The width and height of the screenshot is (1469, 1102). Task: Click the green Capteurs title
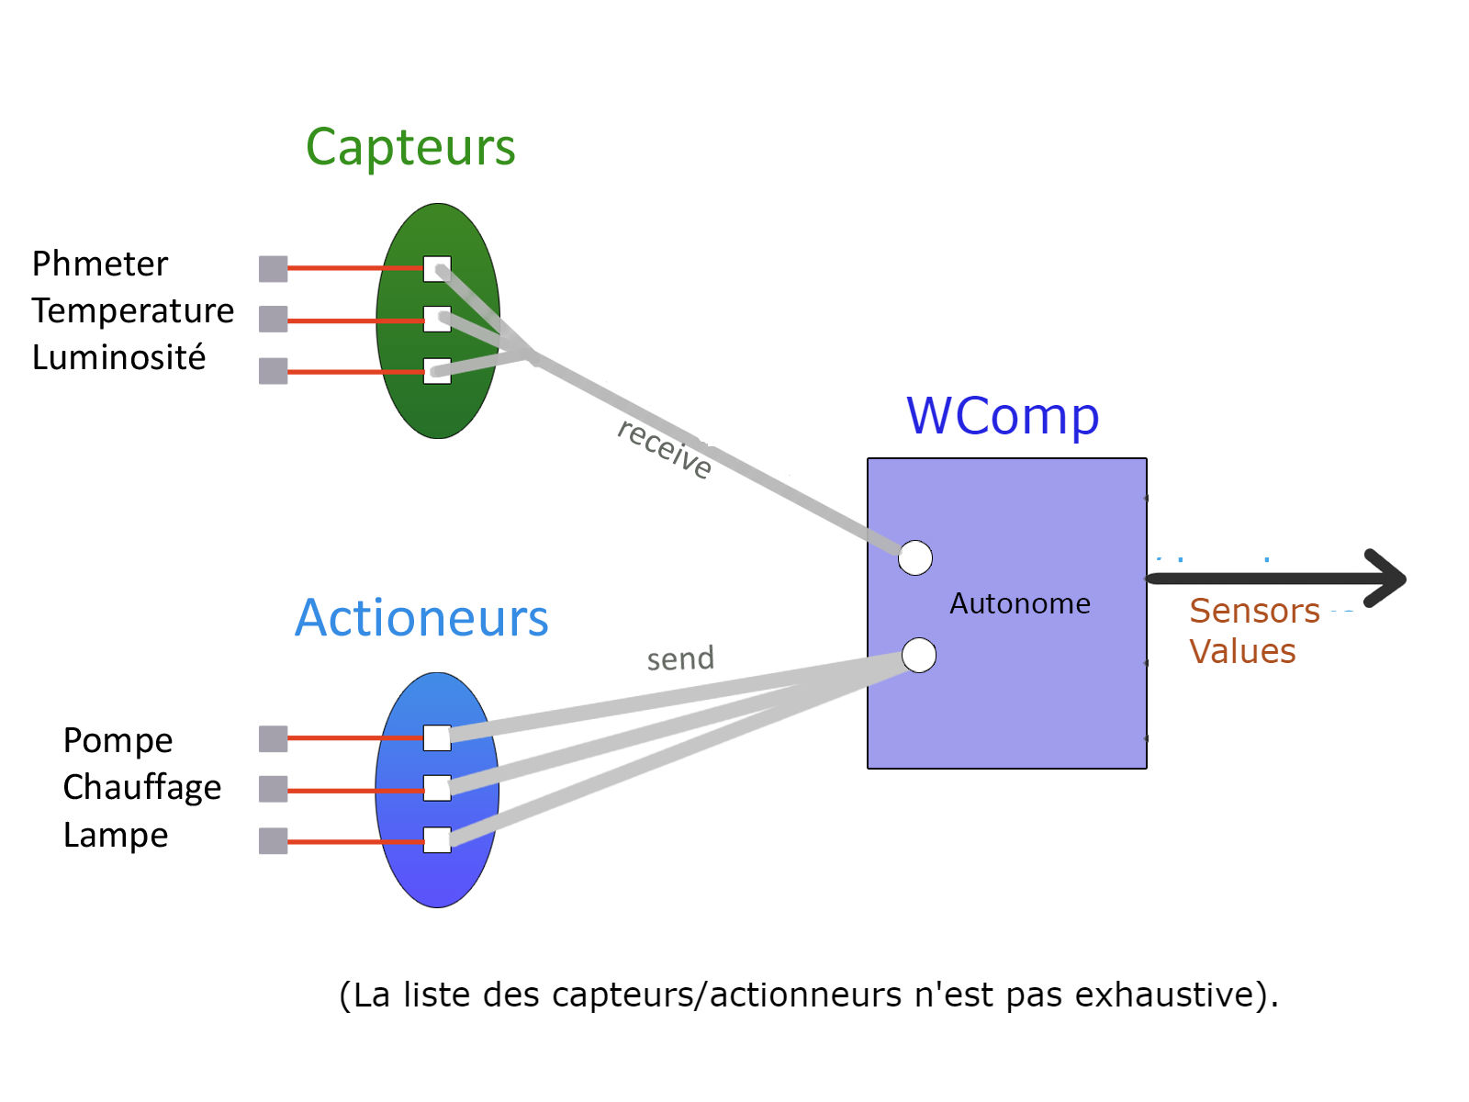point(410,148)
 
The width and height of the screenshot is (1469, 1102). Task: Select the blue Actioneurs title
point(421,618)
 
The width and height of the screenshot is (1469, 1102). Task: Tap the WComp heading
point(1003,416)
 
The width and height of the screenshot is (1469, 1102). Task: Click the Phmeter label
point(100,264)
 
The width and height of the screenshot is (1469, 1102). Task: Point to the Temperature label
point(133,311)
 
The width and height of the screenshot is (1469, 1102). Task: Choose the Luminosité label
point(118,358)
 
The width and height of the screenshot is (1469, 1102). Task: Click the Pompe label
point(118,740)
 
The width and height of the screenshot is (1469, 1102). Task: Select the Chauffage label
point(142,788)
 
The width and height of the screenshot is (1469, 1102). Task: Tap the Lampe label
point(116,836)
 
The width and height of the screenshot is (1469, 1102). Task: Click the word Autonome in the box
point(1020,603)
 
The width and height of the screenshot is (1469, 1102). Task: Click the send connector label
point(680,658)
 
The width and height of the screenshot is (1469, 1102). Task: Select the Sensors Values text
point(1252,631)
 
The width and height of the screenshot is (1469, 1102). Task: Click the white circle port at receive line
point(915,557)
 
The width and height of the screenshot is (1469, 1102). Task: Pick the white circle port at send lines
point(919,655)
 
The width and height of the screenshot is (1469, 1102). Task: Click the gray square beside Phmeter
point(273,268)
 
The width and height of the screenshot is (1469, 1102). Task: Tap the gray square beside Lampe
point(273,840)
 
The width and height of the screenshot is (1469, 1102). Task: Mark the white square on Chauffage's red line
point(437,788)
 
